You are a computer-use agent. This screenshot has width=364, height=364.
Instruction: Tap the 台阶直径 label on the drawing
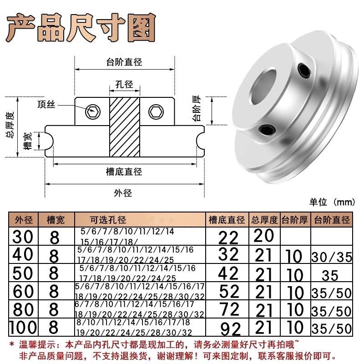pos(124,61)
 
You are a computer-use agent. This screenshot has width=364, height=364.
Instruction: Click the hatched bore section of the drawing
pos(124,127)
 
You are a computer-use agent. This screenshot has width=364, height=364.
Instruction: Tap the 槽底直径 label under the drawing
pos(124,172)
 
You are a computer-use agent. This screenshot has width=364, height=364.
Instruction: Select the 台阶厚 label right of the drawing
pos(197,108)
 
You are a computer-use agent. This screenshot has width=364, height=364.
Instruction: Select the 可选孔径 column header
pos(107,220)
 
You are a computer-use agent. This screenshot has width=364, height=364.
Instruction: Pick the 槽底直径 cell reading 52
pos(229,292)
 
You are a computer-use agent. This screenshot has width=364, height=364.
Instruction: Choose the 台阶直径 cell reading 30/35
pos(332,257)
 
